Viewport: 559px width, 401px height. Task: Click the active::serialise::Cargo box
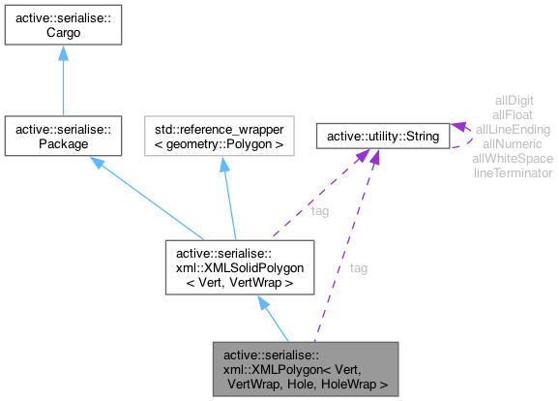pyautogui.click(x=62, y=25)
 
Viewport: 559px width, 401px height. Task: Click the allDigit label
pyautogui.click(x=514, y=100)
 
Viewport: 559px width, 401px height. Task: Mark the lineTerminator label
pyautogui.click(x=514, y=172)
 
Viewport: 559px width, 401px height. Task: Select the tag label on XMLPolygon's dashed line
pyautogui.click(x=359, y=267)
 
